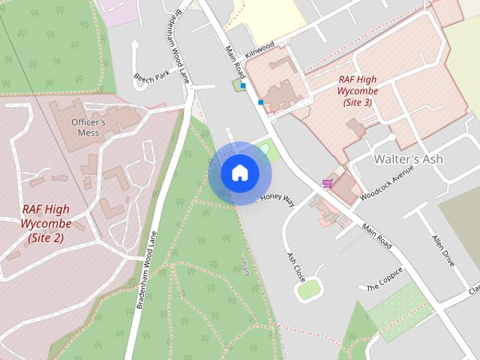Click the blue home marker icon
coord(239,173)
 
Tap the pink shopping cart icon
coord(327,183)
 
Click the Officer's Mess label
coord(88,127)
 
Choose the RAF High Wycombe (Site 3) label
coord(358,90)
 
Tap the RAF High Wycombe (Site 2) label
coord(46,223)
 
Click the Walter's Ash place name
coord(408,159)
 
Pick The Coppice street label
coord(385,279)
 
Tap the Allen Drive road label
coord(443,250)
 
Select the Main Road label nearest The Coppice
coord(376,235)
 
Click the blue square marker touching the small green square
coord(243,86)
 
